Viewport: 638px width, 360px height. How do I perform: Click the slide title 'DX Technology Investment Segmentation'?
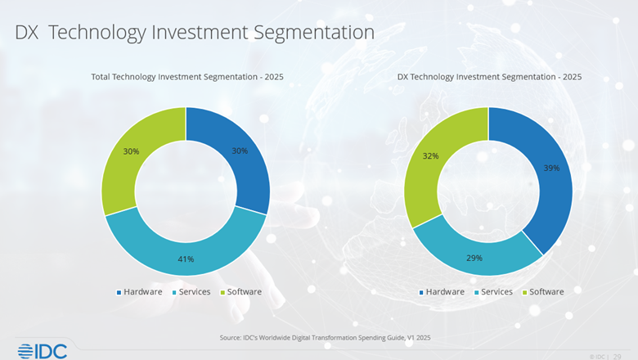[195, 33]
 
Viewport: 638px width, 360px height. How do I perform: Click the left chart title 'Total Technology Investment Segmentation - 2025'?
[186, 77]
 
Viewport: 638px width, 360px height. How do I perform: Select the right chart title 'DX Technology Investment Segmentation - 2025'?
[489, 77]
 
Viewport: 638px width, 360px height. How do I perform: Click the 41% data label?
[186, 259]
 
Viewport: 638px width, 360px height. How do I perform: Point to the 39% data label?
[552, 168]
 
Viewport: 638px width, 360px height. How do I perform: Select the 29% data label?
[474, 258]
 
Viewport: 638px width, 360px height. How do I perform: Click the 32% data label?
[431, 155]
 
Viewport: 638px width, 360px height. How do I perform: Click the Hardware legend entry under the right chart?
[442, 292]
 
